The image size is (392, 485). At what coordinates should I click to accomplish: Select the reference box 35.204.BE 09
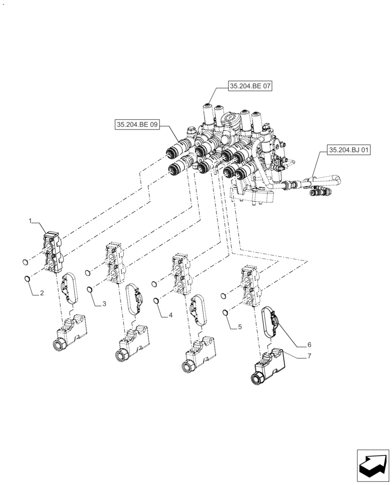tap(137, 125)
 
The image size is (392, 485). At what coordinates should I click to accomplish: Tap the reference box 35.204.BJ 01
tap(349, 150)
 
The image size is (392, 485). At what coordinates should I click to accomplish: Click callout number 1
tap(30, 221)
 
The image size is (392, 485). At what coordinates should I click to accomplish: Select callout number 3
tap(103, 304)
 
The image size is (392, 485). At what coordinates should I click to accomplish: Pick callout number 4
tap(170, 315)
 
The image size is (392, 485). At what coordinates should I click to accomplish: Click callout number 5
tap(239, 327)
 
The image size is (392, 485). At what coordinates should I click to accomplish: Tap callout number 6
tap(309, 345)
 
